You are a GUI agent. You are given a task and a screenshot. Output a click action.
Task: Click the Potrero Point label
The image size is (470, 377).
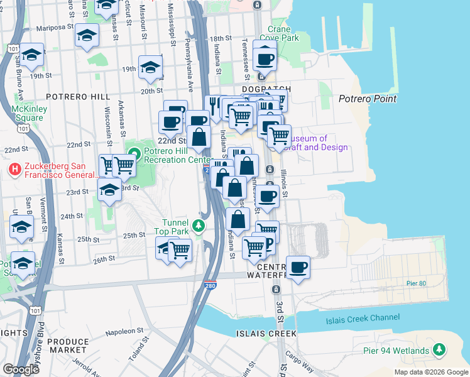368,99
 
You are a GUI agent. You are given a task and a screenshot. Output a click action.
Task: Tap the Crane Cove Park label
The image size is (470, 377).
283,33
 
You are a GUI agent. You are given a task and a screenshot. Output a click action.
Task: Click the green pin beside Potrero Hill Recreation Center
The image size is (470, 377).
134,153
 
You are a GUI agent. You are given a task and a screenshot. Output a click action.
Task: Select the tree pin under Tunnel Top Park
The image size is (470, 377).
199,225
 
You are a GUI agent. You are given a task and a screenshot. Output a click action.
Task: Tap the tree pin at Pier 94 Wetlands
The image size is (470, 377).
440,349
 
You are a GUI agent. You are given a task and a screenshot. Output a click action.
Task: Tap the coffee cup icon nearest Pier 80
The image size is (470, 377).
298,267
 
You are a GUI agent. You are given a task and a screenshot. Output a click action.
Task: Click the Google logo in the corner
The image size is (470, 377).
21,369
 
